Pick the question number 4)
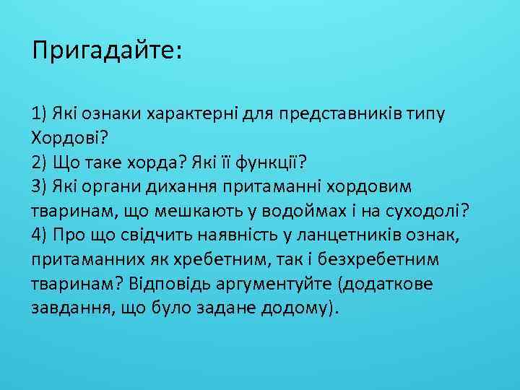[40, 234]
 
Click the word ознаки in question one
[116, 113]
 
